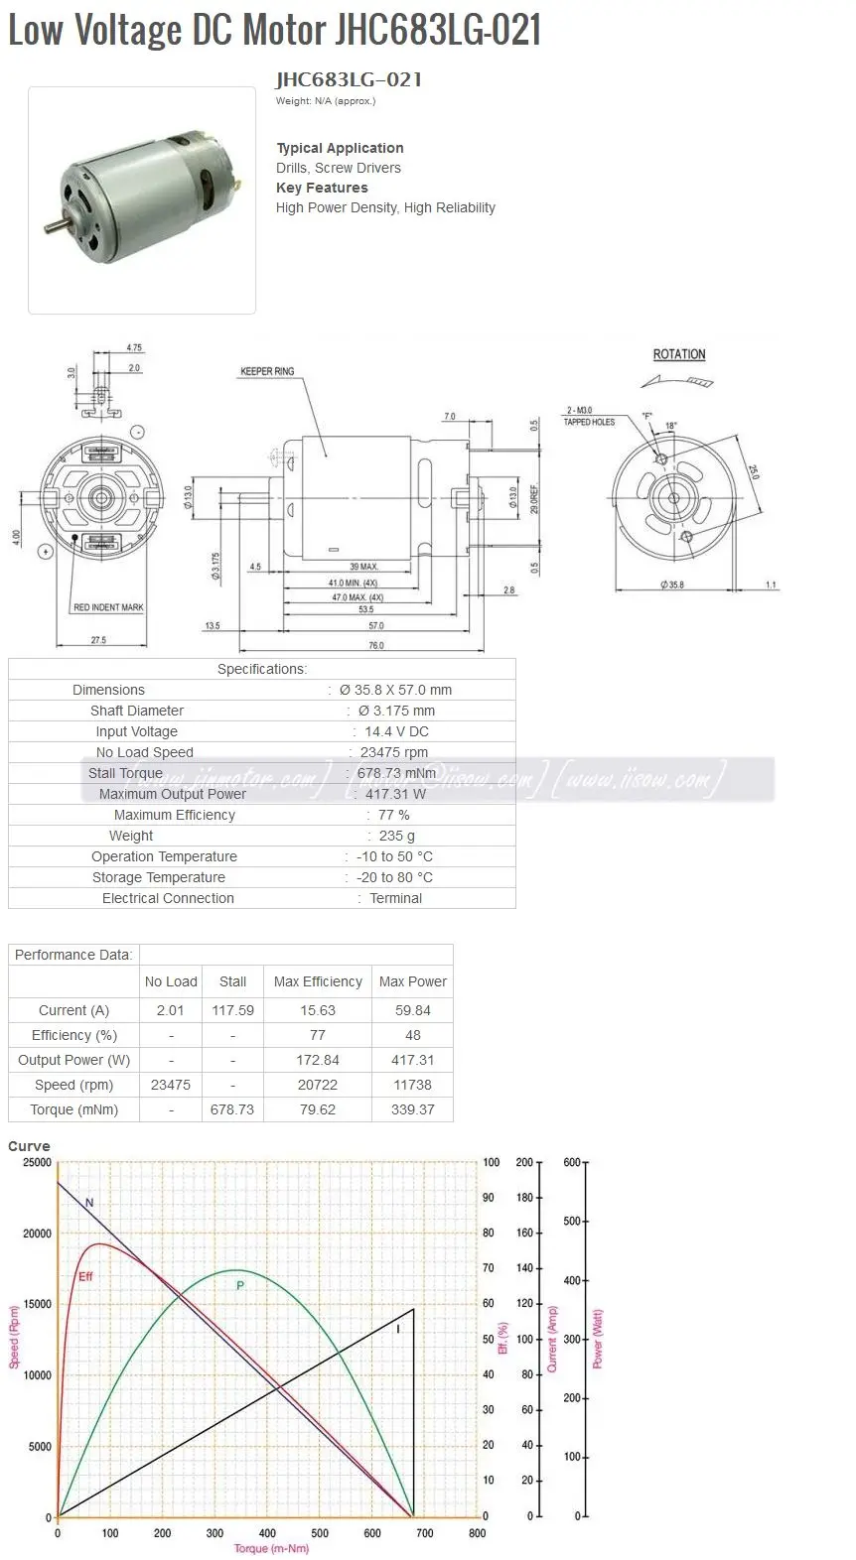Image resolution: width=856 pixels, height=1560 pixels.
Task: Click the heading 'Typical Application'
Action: [340, 148]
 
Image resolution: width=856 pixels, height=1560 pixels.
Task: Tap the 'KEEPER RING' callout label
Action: [267, 371]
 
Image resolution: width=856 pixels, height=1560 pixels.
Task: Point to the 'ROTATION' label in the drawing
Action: [679, 354]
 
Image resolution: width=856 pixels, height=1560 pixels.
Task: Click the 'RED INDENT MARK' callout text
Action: [108, 607]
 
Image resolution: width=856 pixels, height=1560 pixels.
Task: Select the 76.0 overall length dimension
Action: [376, 645]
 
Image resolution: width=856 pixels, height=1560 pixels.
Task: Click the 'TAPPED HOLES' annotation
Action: [589, 422]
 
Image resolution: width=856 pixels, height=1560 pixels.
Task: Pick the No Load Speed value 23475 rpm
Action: [394, 752]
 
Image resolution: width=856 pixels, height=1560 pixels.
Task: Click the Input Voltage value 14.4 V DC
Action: [396, 731]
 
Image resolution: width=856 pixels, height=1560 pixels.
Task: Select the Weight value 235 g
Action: [396, 836]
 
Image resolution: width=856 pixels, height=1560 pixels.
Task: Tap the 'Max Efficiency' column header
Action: [318, 981]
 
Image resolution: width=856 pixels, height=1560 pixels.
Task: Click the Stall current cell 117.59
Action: [232, 1010]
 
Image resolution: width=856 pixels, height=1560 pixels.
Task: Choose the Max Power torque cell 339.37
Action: [412, 1109]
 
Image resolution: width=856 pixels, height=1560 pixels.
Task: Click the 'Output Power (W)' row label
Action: [73, 1060]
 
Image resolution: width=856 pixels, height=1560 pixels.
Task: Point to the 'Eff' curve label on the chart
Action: [85, 1276]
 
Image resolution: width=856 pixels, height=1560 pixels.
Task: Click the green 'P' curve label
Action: [239, 1285]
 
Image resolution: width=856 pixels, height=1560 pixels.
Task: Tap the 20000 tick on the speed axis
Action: [37, 1234]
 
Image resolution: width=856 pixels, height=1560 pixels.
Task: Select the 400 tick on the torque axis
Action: [267, 1533]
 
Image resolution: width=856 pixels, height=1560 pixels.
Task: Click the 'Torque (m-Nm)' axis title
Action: [271, 1549]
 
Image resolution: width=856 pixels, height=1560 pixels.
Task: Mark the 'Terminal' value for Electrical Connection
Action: [395, 898]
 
